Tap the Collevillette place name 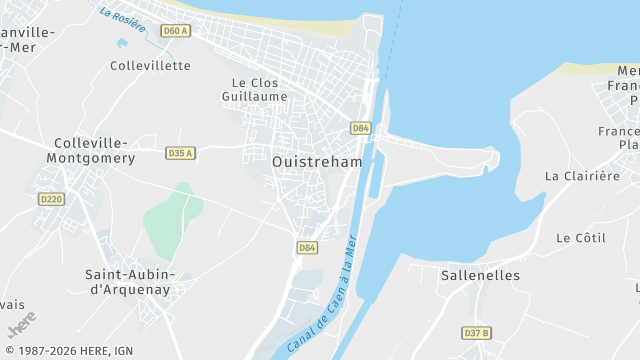(150, 66)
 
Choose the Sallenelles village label (480, 275)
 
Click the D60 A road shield (175, 31)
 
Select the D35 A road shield (180, 153)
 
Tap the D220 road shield (51, 199)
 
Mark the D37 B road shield (477, 333)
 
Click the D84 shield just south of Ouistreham (307, 247)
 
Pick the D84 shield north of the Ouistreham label (361, 128)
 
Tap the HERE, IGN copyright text (67, 351)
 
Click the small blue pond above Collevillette (122, 44)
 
